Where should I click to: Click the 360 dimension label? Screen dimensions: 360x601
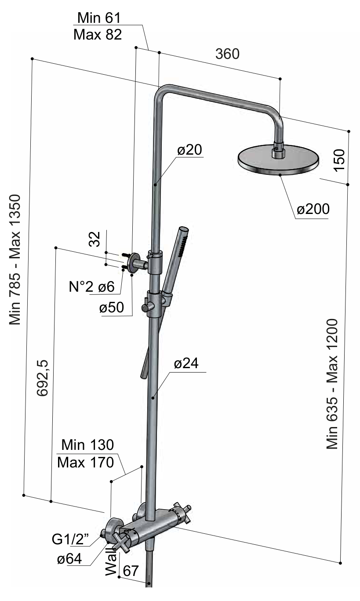(x=227, y=54)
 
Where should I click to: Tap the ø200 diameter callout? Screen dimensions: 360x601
(x=313, y=209)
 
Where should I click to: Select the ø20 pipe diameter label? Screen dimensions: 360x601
(x=189, y=150)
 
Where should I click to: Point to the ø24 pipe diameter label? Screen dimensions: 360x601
(x=186, y=364)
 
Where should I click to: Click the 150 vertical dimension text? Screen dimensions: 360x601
(x=339, y=160)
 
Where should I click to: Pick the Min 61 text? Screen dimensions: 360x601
(x=99, y=18)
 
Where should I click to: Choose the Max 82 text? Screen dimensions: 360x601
(x=98, y=35)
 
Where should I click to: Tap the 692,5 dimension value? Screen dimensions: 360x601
(x=42, y=378)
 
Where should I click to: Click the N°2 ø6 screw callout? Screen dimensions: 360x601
(x=92, y=287)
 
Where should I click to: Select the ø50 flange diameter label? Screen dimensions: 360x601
(x=111, y=308)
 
